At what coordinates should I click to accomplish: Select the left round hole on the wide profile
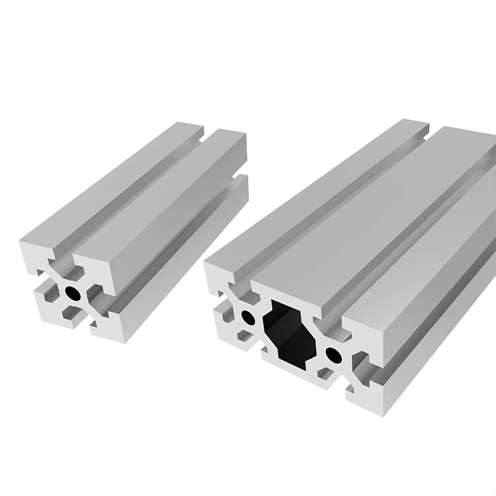(x=249, y=317)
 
